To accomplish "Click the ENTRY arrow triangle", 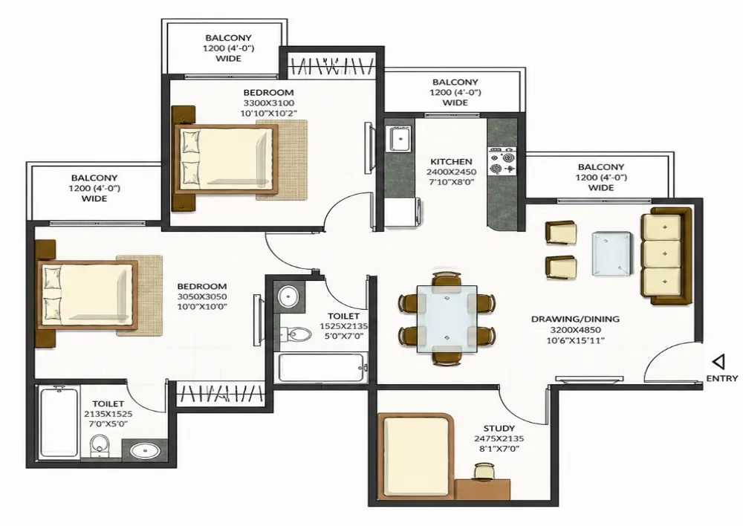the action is tap(718, 363).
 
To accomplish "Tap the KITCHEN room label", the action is tap(451, 162).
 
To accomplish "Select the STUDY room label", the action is tap(499, 429).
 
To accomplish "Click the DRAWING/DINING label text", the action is tap(575, 319).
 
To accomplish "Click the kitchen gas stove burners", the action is tap(502, 163).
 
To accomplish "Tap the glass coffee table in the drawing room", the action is tap(611, 253).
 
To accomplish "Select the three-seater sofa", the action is tap(666, 256).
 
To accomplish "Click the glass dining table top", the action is tap(447, 319).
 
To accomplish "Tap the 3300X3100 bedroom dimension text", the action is tap(269, 103).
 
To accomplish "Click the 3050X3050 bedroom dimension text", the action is tap(202, 296).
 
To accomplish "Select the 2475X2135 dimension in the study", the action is tap(499, 439).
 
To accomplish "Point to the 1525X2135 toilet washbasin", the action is tap(288, 297).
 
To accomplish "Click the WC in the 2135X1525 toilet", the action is tap(100, 446).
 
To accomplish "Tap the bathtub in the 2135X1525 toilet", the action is tap(59, 421).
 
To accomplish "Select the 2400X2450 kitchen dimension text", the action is tap(451, 172).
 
